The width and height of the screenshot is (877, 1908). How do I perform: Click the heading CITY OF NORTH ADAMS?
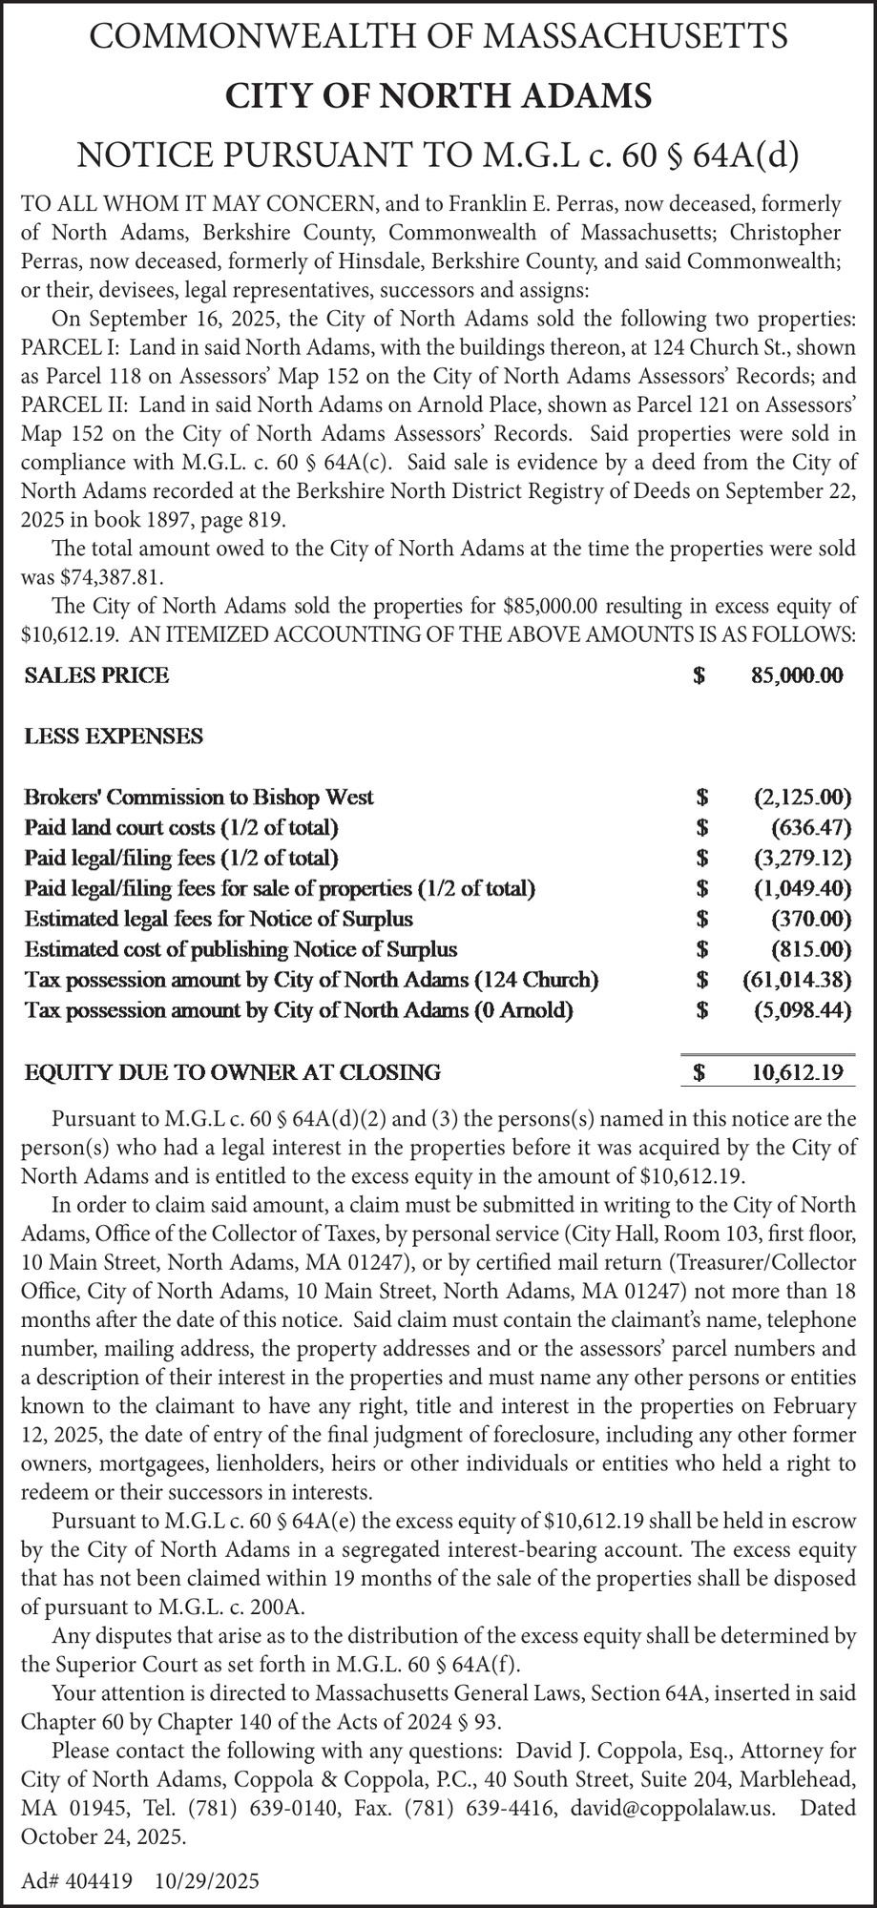(x=438, y=96)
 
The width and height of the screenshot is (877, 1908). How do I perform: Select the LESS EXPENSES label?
(x=114, y=736)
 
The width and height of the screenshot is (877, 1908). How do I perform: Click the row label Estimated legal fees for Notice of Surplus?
(x=219, y=920)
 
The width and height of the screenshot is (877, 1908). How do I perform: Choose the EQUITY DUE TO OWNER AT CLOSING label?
(x=232, y=1072)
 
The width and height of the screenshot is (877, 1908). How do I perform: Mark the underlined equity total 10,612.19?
(x=797, y=1072)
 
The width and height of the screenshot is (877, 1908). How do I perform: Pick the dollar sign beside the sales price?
(x=700, y=676)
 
